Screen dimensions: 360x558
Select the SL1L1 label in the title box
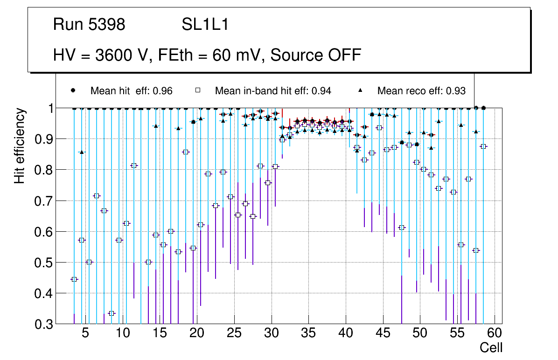(x=205, y=25)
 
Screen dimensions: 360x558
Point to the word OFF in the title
(x=344, y=55)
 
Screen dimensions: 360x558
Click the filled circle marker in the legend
(x=73, y=90)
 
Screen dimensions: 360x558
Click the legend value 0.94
(x=322, y=91)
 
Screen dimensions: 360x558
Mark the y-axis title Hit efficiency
(x=20, y=146)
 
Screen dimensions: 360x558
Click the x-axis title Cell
(x=491, y=347)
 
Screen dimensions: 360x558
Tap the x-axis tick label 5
(x=85, y=334)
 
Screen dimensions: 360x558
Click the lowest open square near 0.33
(x=112, y=313)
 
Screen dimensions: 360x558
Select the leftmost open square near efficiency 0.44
(x=74, y=279)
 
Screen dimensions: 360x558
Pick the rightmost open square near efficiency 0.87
(x=484, y=146)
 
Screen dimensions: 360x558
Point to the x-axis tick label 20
(x=197, y=334)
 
